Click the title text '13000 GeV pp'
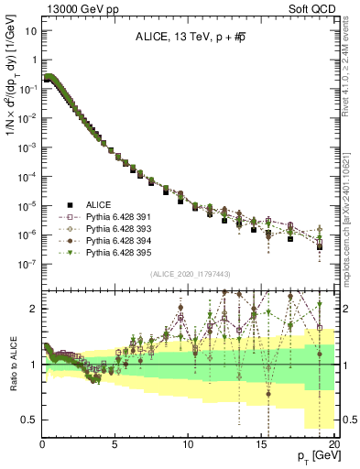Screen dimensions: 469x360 (72, 7)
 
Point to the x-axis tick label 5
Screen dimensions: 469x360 (115, 444)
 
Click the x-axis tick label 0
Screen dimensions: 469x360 (42, 444)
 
